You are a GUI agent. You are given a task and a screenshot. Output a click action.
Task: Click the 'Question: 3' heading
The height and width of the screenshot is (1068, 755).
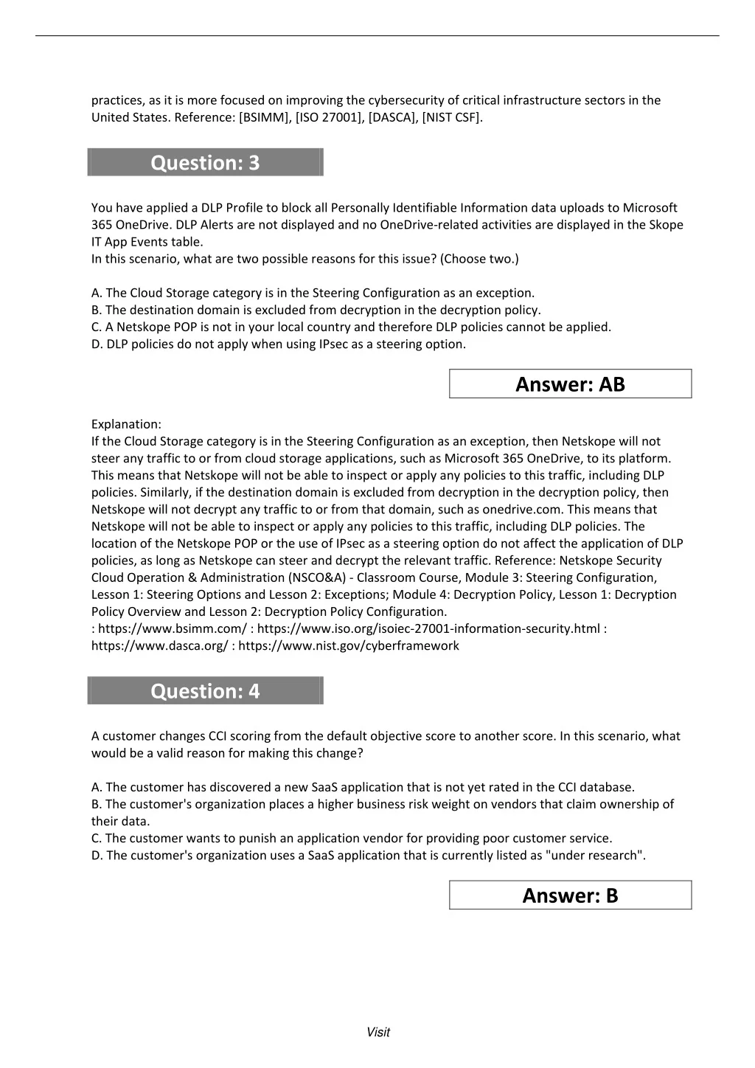click(x=205, y=163)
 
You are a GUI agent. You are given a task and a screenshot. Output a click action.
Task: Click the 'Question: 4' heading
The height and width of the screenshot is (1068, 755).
click(x=205, y=691)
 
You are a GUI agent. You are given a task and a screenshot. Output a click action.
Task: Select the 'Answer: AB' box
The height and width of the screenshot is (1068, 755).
click(x=570, y=384)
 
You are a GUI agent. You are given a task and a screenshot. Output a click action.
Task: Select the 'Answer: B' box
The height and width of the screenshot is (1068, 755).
click(x=570, y=895)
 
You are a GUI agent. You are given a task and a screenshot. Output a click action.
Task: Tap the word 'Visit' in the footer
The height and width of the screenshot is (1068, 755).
click(x=377, y=1033)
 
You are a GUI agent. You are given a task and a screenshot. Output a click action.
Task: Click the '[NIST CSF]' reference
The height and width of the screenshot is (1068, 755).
click(x=452, y=117)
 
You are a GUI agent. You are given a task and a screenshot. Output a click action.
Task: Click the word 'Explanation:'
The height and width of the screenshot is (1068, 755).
click(x=126, y=424)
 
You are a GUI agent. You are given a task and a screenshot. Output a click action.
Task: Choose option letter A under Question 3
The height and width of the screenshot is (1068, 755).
click(x=97, y=293)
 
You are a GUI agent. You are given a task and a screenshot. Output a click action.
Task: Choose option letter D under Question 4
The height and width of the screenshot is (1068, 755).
click(x=97, y=856)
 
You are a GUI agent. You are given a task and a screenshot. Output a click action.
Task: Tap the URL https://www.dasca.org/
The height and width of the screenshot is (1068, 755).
click(x=159, y=646)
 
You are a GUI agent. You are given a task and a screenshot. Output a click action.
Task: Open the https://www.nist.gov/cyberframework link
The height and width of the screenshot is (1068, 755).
click(x=349, y=646)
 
